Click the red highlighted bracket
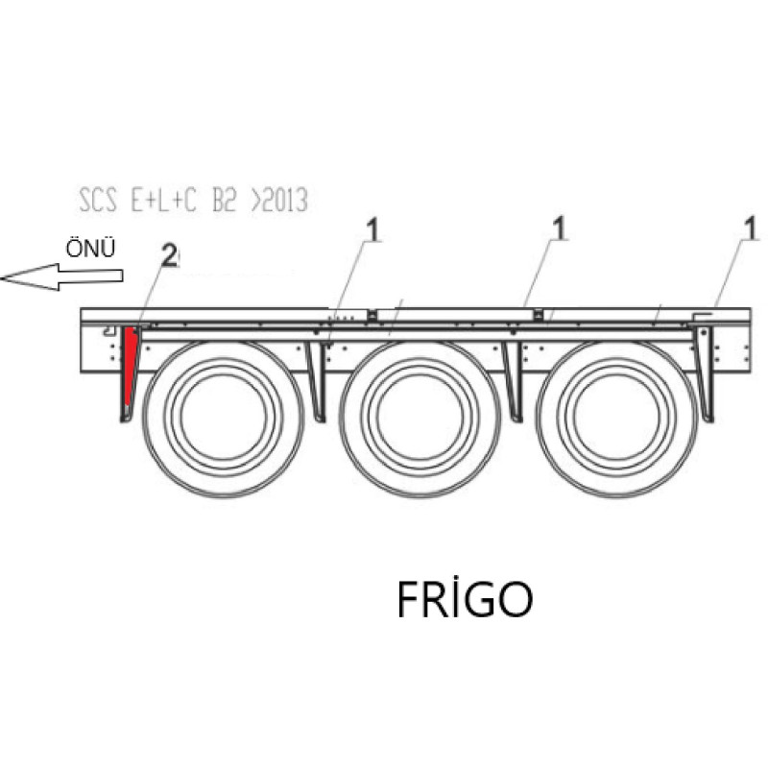coord(130,363)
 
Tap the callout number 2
coord(169,255)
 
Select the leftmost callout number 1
coord(373,231)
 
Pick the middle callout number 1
coord(559,229)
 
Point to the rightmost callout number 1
coord(751,229)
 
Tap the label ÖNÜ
coord(90,249)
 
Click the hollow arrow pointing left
coord(61,277)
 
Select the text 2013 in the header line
coord(285,201)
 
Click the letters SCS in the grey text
coord(98,201)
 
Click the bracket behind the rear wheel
coord(705,374)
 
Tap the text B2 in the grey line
coord(225,201)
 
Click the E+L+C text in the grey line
coord(163,201)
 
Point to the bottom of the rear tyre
coord(617,495)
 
